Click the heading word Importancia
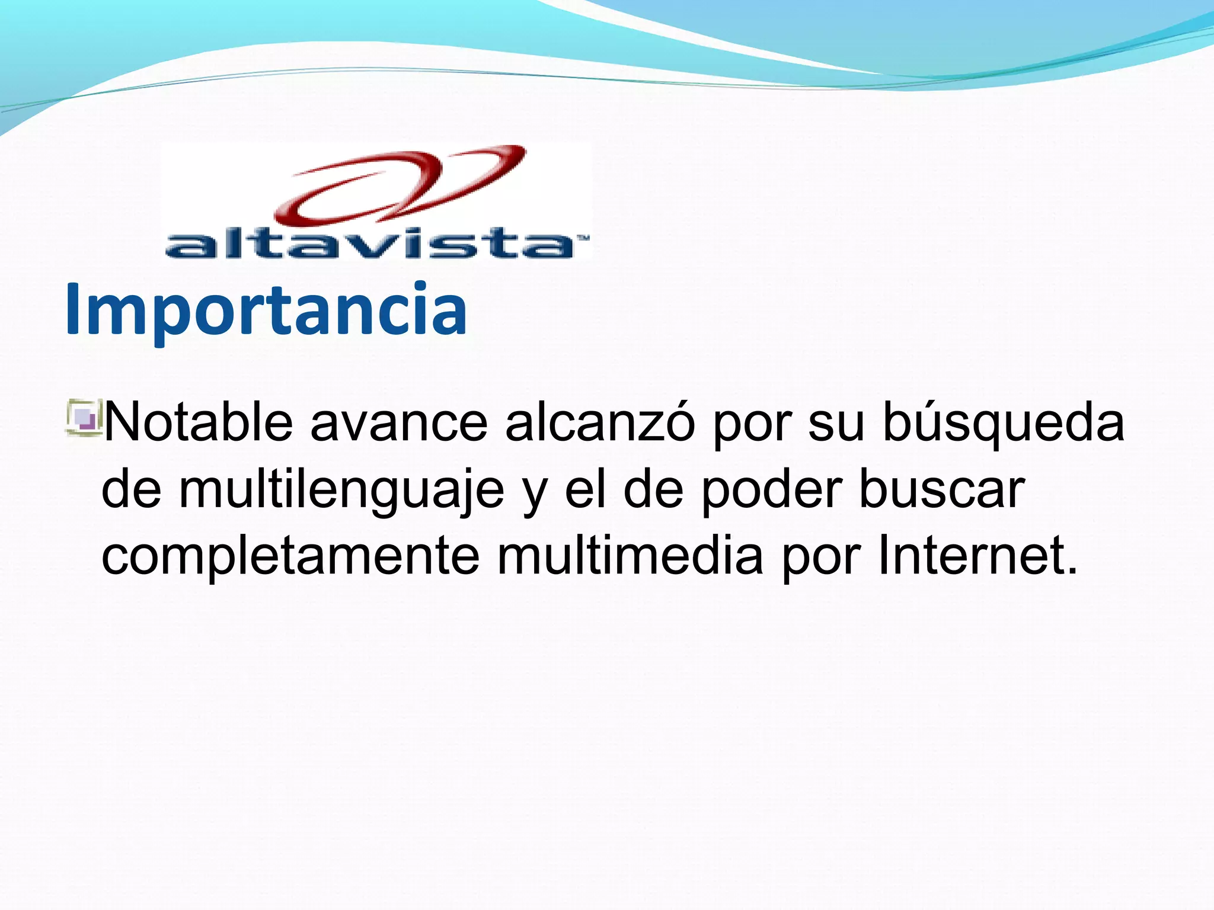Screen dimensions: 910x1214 point(266,309)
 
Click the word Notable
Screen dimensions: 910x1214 point(198,422)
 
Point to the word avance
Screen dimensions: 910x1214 point(399,422)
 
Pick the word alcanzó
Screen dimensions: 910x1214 point(600,422)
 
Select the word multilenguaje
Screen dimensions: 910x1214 point(341,491)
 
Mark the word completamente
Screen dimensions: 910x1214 point(290,557)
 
